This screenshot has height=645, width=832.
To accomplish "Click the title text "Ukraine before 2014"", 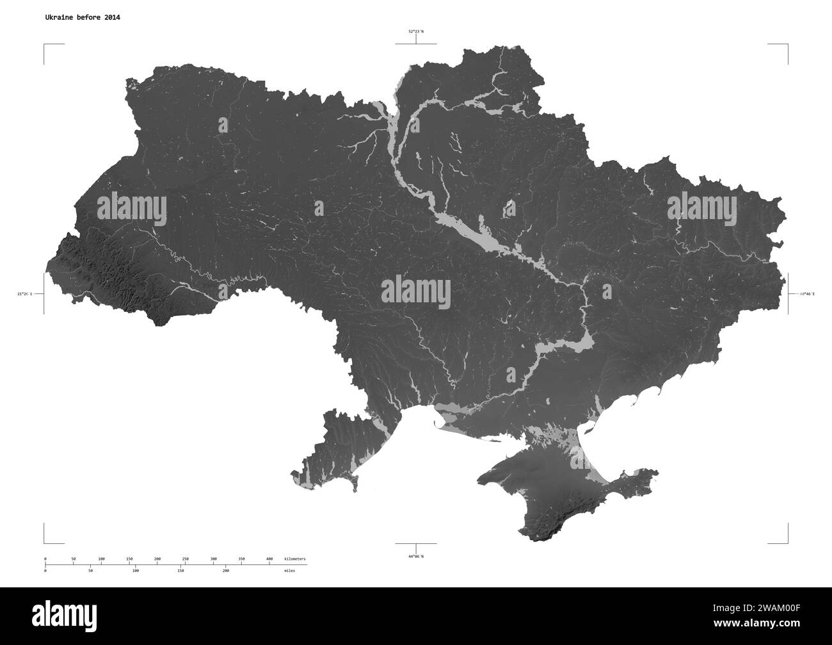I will [82, 17].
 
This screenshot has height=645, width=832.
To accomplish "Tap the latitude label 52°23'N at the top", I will [416, 31].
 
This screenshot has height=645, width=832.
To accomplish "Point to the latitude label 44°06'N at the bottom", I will [416, 556].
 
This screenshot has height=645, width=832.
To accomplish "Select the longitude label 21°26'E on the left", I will [26, 294].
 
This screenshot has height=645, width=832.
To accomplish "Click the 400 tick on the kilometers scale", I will [269, 559].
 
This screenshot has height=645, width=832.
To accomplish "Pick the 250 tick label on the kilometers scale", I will [186, 559].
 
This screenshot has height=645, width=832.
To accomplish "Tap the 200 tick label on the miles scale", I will [226, 569].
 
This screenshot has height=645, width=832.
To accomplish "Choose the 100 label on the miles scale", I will [135, 569].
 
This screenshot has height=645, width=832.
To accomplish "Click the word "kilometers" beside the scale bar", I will [295, 559].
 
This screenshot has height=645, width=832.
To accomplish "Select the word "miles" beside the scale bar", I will [291, 569].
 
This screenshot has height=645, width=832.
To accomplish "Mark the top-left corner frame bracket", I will [45, 45].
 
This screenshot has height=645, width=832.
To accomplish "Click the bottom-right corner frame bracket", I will [787, 542].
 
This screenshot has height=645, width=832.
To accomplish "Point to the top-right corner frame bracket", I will [787, 45].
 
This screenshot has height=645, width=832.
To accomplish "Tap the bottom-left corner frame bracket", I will [45, 542].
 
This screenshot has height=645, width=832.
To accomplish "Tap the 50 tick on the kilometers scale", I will [74, 559].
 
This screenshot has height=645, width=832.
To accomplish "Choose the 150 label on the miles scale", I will [180, 569].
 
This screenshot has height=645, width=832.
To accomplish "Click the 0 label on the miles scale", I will [45, 569].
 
